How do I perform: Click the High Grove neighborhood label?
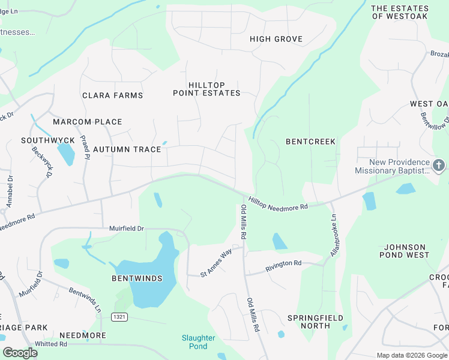coord(276,39)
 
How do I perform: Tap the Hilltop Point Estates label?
coord(206,89)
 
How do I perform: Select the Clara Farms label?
coord(113,95)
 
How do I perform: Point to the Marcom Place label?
coord(88,122)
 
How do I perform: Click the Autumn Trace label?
coord(127,149)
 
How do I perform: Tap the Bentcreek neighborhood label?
coord(310,142)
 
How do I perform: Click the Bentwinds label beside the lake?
coord(137,279)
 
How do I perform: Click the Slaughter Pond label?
coord(198,342)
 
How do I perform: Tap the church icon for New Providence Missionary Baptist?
coord(439,165)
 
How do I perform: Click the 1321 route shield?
coord(119,316)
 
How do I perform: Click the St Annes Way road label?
coord(217,263)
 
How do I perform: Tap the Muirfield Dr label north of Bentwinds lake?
coord(127,229)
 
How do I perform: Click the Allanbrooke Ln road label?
coord(334,235)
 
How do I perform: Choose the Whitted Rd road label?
coord(50,344)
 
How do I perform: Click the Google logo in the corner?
coord(20,353)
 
